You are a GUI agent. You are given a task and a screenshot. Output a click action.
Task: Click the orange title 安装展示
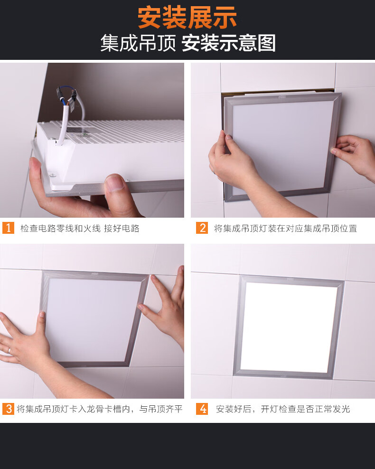[187, 18]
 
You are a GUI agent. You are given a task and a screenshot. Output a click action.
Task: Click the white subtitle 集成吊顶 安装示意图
[187, 43]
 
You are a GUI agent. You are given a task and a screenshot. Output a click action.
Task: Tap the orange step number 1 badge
[9, 228]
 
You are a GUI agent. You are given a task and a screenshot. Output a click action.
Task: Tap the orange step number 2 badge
[202, 228]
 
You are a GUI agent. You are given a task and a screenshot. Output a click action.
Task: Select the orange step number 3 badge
[9, 409]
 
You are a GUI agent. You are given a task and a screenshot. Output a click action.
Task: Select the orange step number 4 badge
[202, 409]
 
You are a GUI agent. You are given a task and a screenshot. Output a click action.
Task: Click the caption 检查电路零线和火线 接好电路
[80, 229]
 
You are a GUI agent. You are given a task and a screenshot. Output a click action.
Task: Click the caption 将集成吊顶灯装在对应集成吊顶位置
[285, 229]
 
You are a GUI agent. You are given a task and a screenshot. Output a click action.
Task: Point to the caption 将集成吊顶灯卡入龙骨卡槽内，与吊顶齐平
[100, 409]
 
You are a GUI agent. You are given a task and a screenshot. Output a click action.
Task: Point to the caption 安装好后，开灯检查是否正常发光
[282, 409]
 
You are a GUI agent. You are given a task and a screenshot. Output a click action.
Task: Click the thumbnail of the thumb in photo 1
[114, 183]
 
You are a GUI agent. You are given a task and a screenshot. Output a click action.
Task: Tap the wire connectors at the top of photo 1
[66, 96]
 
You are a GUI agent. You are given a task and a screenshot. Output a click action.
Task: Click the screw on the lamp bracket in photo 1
[53, 175]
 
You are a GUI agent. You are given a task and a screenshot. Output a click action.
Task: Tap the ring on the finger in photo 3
[9, 351]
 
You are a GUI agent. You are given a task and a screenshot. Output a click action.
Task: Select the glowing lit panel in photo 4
[289, 327]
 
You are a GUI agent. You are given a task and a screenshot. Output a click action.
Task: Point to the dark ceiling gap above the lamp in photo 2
[278, 92]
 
